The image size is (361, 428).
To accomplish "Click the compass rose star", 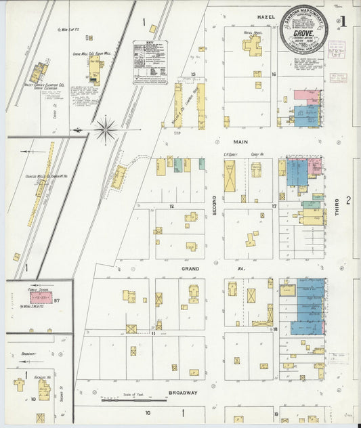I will pyautogui.click(x=105, y=129).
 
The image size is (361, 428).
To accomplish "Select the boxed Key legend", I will pyautogui.click(x=150, y=62).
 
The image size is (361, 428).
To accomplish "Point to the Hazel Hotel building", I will pyautogui.click(x=253, y=46).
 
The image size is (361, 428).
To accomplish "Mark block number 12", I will pyautogui.click(x=172, y=205).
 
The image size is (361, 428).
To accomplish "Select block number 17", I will pyautogui.click(x=274, y=205).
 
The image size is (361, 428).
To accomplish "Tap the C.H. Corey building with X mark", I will pyautogui.click(x=230, y=177).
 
